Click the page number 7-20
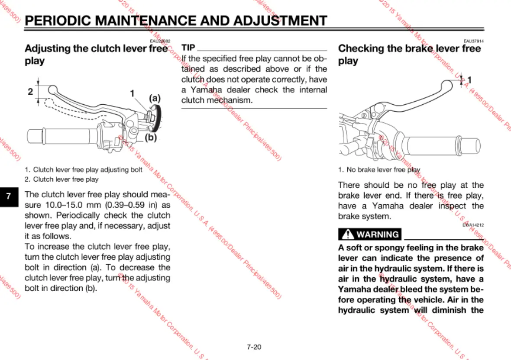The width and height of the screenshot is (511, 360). coord(254,347)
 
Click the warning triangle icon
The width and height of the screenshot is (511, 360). coord(348,235)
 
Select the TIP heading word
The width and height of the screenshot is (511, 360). coord(188,48)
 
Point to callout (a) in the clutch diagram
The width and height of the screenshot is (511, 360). coord(155,98)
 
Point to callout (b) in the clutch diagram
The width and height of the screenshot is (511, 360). coord(150,138)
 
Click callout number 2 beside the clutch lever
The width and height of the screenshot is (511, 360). coord(30,91)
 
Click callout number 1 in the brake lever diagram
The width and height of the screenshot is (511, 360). coord(469,80)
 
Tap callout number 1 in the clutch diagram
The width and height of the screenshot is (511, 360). coord(132,93)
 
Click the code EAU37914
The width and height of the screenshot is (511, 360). coord(473,41)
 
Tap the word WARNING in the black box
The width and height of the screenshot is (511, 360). coord(378,235)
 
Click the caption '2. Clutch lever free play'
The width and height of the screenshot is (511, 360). coord(61,179)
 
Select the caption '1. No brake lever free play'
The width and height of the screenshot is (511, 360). coord(379,170)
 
